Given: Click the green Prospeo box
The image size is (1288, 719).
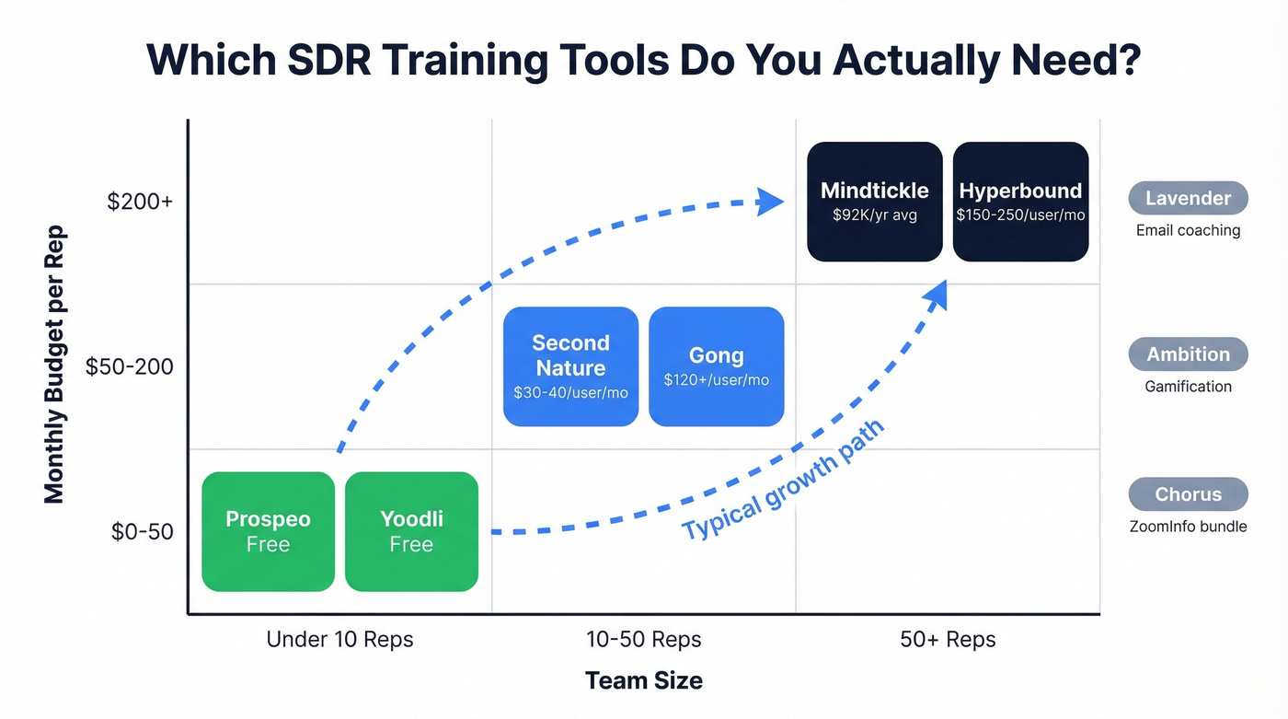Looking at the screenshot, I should [268, 531].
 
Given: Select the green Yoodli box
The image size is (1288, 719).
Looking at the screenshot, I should [411, 531].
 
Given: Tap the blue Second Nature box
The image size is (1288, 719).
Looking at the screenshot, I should [570, 366].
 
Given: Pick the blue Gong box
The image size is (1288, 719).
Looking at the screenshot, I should [716, 366].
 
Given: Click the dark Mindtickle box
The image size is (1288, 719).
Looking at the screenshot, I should [874, 202].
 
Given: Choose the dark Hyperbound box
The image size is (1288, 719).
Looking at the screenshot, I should [1020, 202].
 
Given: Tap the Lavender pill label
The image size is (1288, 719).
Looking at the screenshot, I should [1188, 198].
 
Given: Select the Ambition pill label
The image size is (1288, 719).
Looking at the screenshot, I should [1188, 354].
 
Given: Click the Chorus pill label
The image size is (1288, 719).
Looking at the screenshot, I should [1188, 494].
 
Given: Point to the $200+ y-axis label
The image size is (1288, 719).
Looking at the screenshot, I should [140, 202].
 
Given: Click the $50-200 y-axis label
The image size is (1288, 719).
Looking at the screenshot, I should [129, 366].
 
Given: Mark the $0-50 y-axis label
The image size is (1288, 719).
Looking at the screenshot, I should [142, 532].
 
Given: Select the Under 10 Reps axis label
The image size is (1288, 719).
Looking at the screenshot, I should [339, 639].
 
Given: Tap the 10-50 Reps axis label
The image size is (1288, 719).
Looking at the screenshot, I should [643, 639].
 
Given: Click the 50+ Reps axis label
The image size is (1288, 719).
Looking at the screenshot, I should [948, 639].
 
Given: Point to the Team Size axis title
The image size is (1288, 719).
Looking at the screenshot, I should [643, 680].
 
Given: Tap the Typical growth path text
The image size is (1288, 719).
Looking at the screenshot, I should [782, 481].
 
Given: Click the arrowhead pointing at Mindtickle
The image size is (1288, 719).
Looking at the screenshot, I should [768, 202].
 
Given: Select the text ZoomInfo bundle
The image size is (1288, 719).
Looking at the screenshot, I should [1188, 527].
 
